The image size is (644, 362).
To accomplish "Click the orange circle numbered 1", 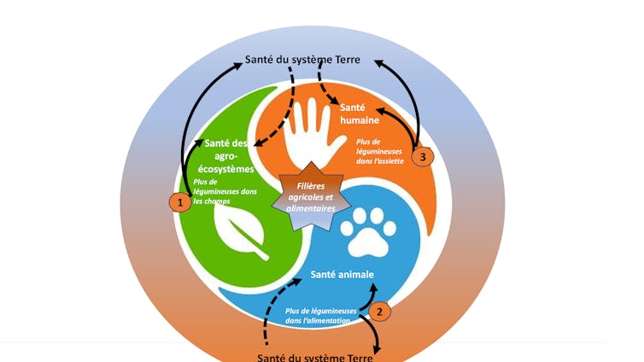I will point(179,202).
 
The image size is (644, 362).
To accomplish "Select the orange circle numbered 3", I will point(422,156).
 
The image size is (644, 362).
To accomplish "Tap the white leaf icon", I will point(242,234).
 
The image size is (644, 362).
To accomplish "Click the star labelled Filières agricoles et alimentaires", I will point(311,196).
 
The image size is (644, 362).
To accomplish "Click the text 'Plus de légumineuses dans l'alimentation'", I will point(321,315).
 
